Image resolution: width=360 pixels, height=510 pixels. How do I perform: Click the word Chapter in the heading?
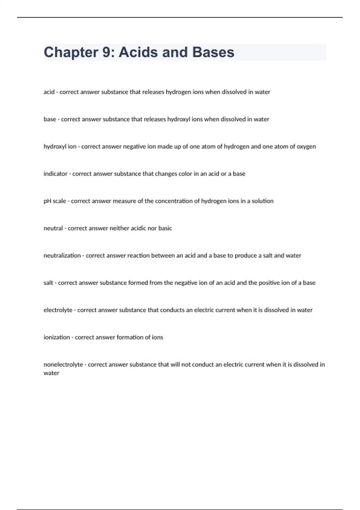coord(71,52)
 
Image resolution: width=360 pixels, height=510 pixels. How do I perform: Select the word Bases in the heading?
coord(213,52)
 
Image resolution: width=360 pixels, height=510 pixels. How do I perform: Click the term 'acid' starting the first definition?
coord(49,92)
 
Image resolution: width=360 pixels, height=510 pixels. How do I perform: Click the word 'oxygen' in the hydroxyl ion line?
coord(306,147)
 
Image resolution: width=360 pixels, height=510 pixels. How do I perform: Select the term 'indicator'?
coord(55,174)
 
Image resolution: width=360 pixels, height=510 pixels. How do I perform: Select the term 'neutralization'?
coord(62,256)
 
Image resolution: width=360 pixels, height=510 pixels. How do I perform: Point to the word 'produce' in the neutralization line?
coord(246,256)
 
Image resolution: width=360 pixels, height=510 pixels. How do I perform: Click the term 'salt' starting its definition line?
coord(48,283)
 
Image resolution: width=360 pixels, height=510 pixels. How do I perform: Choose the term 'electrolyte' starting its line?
coord(58,310)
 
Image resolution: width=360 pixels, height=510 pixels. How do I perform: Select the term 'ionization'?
coord(57,337)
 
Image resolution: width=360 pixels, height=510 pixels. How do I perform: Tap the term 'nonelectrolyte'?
coord(63,365)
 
